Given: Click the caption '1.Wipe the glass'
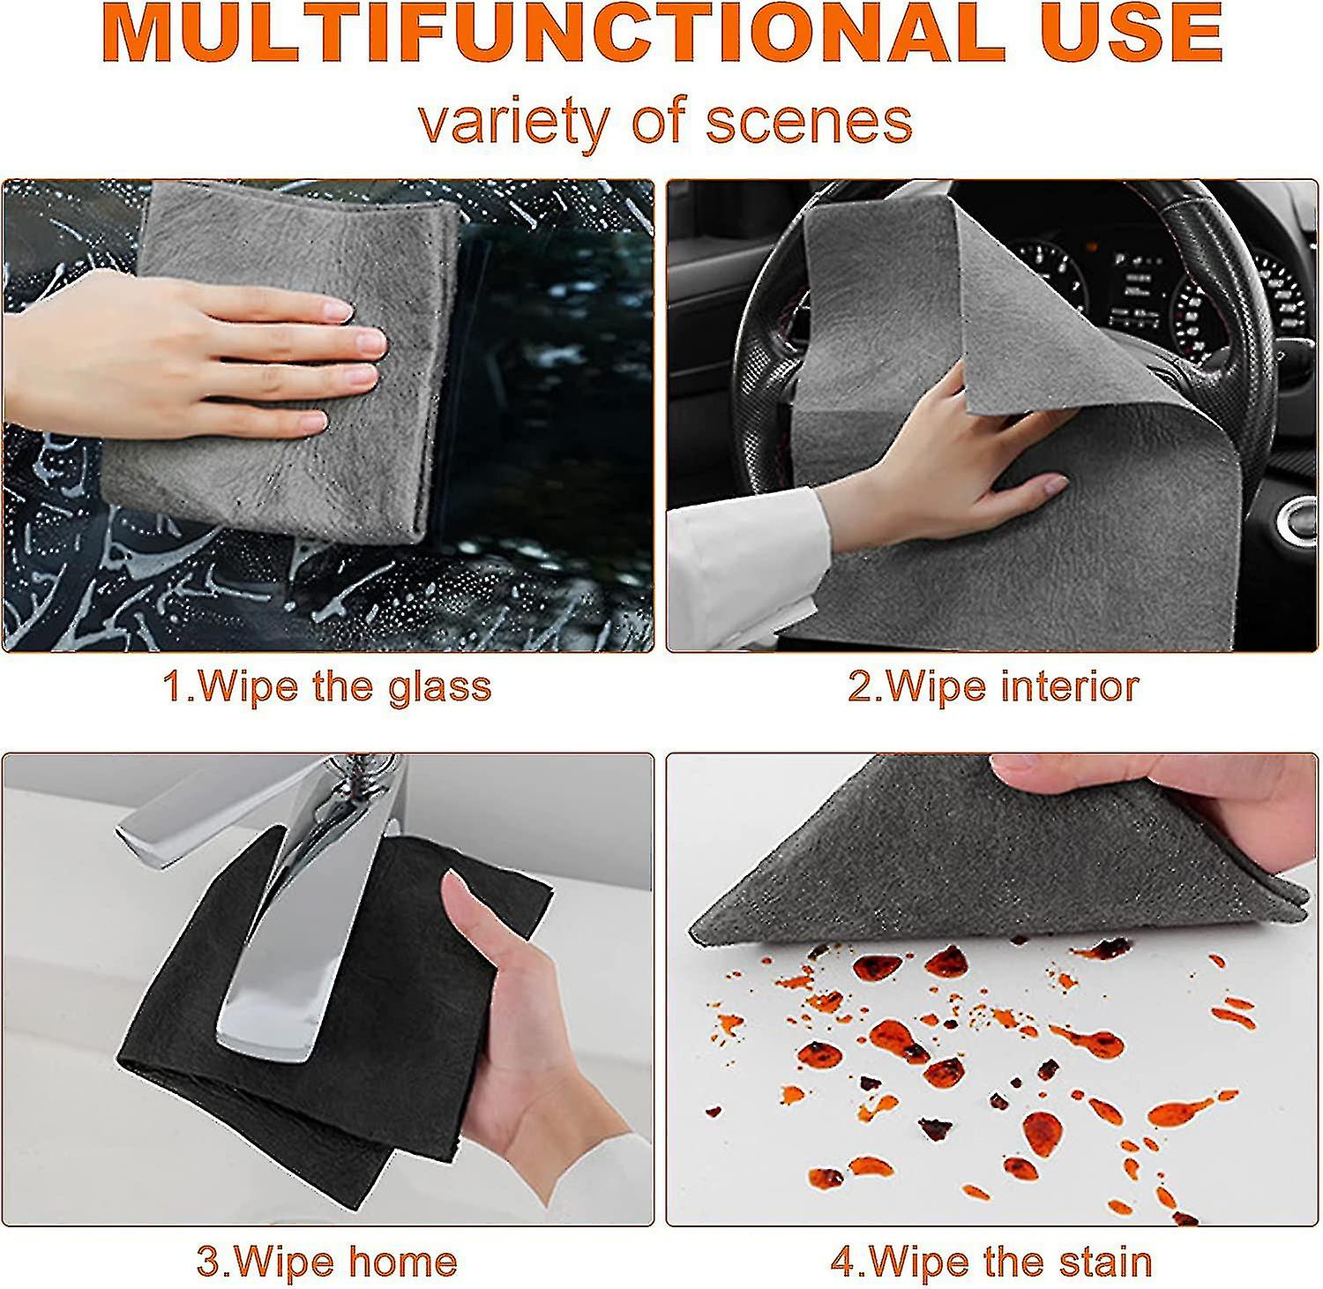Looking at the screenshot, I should [327, 686].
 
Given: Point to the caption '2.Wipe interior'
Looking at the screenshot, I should [993, 686].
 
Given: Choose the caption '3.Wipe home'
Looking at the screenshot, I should [327, 1261].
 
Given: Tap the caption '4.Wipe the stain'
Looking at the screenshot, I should [991, 1261].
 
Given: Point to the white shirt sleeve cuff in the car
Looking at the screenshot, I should [750, 547].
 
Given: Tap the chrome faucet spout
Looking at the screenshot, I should [282, 953].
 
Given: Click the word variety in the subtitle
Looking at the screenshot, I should [516, 121].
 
